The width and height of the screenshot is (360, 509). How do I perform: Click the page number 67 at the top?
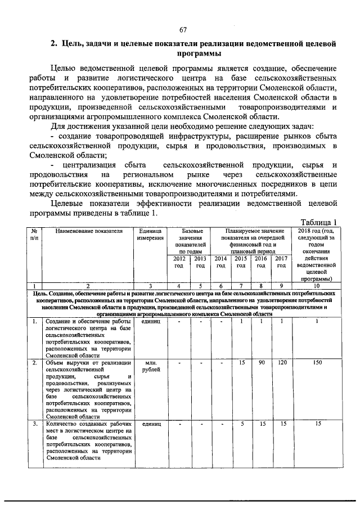pos(183,30)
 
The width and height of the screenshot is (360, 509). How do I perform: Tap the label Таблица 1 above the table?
pos(318,222)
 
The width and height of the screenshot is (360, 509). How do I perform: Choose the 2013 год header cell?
pos(200,262)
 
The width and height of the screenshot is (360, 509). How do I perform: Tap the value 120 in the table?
pos(281,363)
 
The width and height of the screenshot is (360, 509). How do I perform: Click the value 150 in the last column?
pos(318,363)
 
